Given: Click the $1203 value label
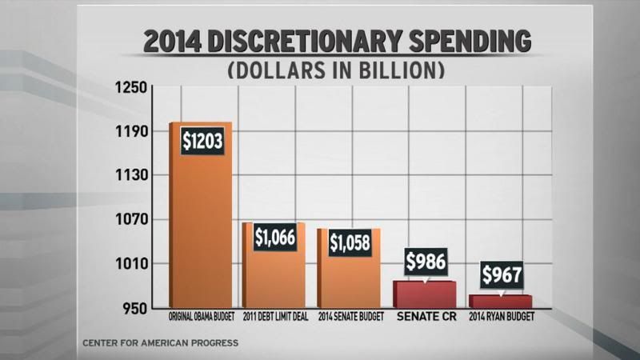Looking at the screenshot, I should click(x=202, y=142).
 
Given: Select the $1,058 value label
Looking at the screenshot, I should click(x=350, y=242).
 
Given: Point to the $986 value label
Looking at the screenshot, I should click(x=426, y=262).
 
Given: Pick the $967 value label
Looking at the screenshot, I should click(x=502, y=275).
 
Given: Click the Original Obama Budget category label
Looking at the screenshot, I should click(x=201, y=316).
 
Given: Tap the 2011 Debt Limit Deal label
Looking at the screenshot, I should click(x=275, y=316).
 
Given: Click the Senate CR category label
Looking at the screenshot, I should click(x=426, y=316).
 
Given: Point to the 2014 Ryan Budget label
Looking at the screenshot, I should click(x=501, y=316).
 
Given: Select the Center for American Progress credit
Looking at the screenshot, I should click(x=160, y=343).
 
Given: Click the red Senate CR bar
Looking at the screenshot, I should click(x=425, y=294).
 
